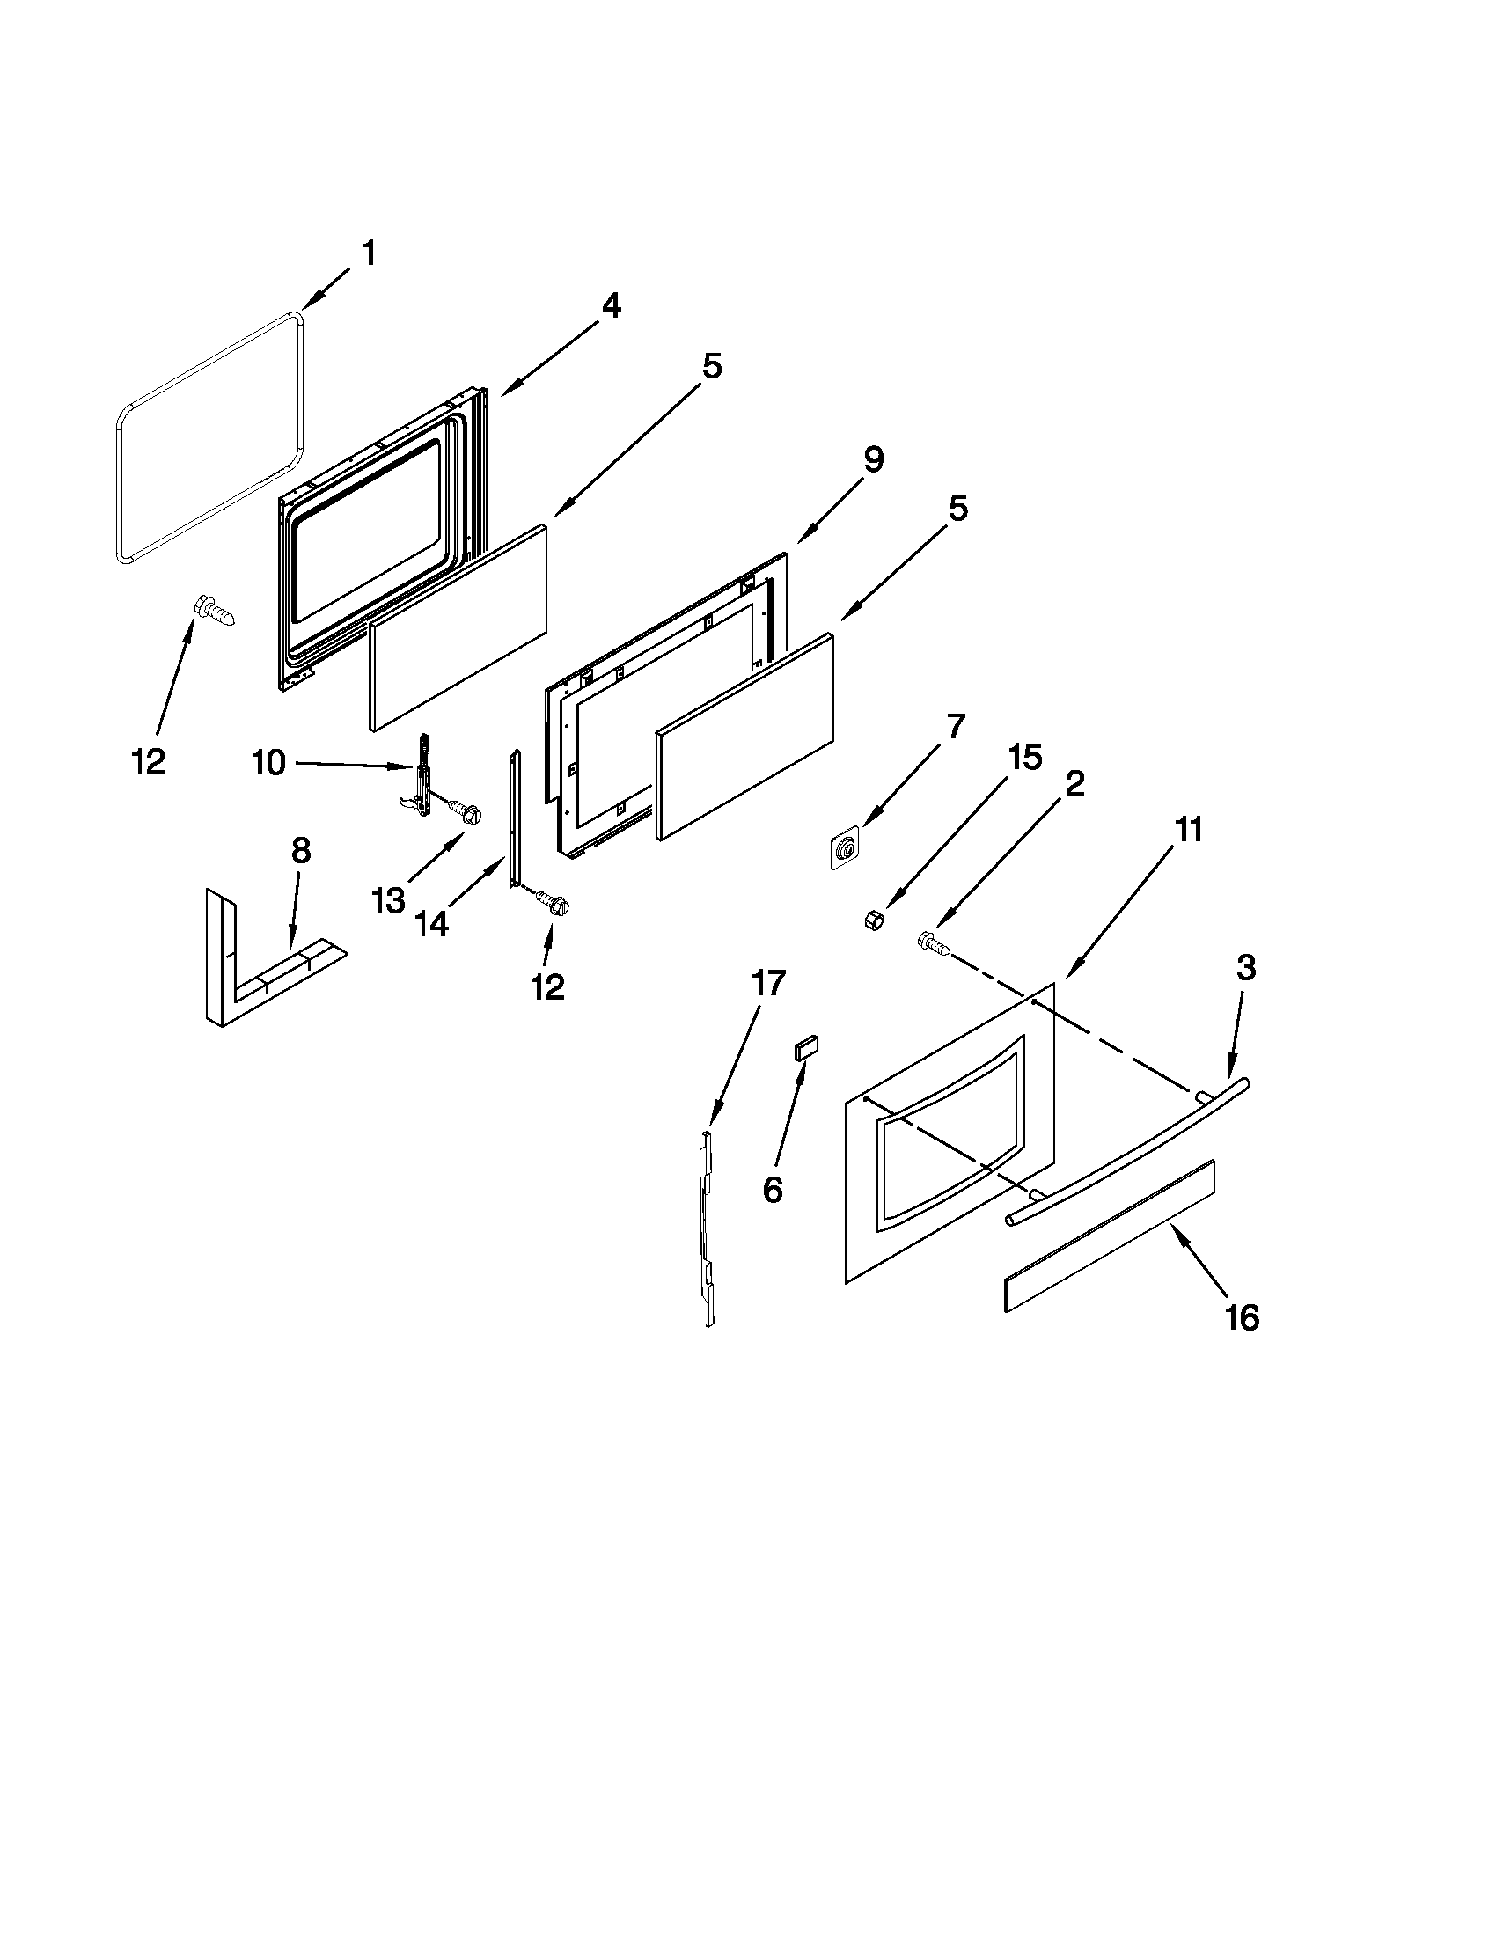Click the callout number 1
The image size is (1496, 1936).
368,254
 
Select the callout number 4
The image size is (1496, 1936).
610,307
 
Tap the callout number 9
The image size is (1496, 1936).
872,460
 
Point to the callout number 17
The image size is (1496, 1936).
767,983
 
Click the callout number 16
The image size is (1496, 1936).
1242,1343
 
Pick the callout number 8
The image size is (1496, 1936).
300,851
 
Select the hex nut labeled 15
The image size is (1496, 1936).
872,920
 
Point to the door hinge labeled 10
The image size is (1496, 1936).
422,777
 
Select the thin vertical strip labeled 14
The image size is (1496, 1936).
515,816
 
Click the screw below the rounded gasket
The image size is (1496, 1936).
214,612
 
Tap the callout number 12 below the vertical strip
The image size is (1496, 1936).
547,986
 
